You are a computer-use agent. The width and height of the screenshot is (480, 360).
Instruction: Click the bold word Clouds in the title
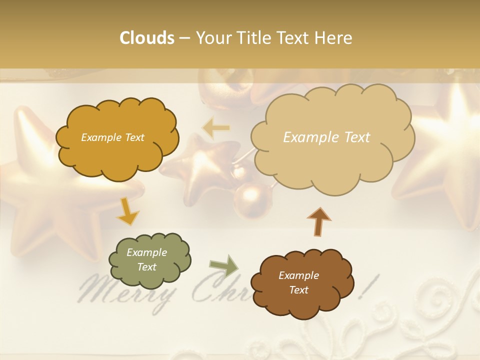pyautogui.click(x=147, y=38)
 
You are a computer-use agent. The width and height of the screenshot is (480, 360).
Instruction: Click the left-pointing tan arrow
pyautogui.click(x=215, y=128)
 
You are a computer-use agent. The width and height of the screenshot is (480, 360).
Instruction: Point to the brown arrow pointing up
pyautogui.click(x=319, y=221)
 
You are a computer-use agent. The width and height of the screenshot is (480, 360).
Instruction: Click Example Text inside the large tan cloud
pyautogui.click(x=326, y=137)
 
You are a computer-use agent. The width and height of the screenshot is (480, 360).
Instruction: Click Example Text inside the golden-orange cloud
pyautogui.click(x=112, y=137)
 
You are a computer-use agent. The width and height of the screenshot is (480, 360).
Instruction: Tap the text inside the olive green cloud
pyautogui.click(x=147, y=259)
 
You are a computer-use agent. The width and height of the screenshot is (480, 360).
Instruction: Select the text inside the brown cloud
pyautogui.click(x=298, y=282)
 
